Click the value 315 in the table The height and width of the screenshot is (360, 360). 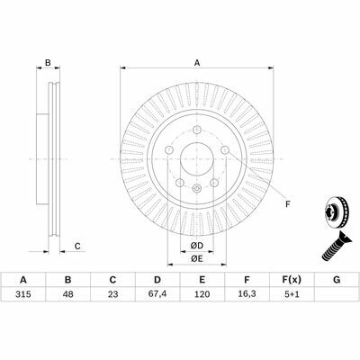[x=23, y=294]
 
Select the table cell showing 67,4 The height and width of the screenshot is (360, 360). [x=157, y=294]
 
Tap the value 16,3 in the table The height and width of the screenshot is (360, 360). [x=247, y=294]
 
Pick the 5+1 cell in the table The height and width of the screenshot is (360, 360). [x=292, y=294]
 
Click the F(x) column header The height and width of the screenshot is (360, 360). [x=292, y=280]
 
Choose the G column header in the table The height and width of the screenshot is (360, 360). [x=337, y=280]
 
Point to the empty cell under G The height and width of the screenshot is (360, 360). [x=337, y=294]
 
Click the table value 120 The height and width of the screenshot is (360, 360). [x=202, y=294]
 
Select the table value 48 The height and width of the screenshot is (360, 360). [x=68, y=294]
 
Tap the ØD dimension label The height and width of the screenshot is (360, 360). [x=197, y=246]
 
